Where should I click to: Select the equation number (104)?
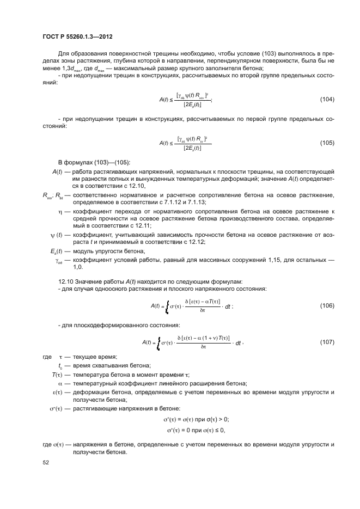[x=327, y=99]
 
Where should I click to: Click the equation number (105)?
[x=327, y=143]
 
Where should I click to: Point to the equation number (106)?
[x=327, y=305]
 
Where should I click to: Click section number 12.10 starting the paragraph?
[x=65, y=281]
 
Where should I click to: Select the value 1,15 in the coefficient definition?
[x=288, y=260]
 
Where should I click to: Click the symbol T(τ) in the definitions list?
[x=58, y=375]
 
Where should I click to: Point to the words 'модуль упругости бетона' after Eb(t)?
[x=108, y=250]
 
